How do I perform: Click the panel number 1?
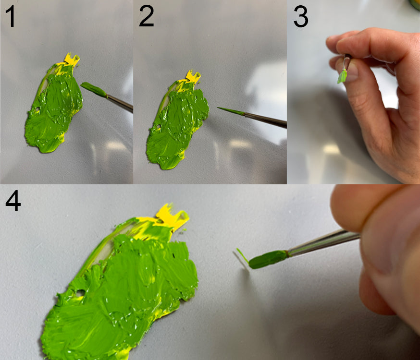(11, 17)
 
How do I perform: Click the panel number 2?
(146, 16)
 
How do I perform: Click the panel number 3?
(301, 17)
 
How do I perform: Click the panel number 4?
(13, 201)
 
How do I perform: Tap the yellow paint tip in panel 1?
(72, 60)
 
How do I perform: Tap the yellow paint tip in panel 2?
(193, 76)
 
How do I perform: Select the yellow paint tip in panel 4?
(172, 216)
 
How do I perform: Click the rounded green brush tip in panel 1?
(94, 89)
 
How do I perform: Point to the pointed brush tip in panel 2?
(231, 111)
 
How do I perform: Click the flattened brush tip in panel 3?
(342, 76)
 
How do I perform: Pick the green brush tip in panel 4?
(268, 259)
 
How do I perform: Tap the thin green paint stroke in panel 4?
(242, 255)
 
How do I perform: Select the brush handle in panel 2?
(266, 120)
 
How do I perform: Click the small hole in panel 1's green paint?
(37, 109)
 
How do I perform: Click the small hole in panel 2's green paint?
(159, 126)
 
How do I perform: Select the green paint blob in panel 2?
(177, 125)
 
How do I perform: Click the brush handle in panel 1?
(120, 103)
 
